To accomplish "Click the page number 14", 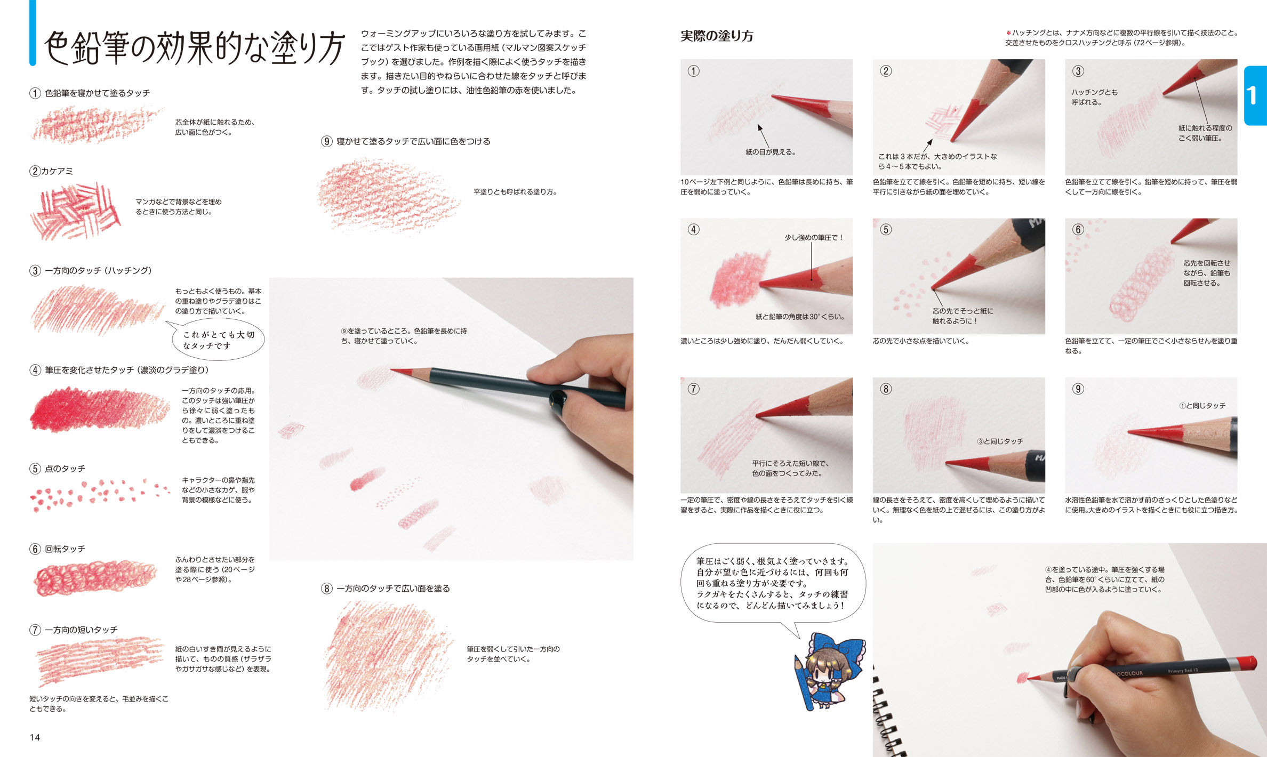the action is click(x=35, y=737).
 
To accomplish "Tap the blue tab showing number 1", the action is click(x=1256, y=95).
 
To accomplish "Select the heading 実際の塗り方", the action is click(x=717, y=36).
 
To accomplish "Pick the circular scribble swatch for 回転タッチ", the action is click(x=95, y=577).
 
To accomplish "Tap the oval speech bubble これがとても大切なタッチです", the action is click(x=219, y=340).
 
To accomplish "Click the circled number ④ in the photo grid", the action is click(x=693, y=230).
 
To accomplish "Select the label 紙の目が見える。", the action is click(x=771, y=152).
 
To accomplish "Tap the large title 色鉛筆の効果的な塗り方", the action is click(x=195, y=48).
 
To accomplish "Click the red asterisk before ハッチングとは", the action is click(x=1008, y=33).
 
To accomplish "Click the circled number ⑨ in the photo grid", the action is click(x=1078, y=389).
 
